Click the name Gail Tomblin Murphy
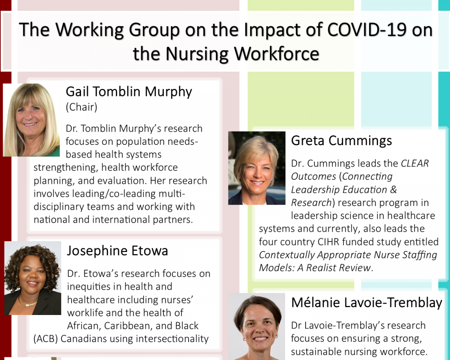(x=129, y=91)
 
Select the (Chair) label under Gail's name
(x=81, y=107)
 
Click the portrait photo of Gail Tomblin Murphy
(x=31, y=120)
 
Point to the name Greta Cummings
(x=342, y=141)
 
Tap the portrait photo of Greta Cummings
(x=256, y=168)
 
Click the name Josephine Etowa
(x=117, y=251)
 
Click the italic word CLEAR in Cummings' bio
(x=415, y=163)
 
